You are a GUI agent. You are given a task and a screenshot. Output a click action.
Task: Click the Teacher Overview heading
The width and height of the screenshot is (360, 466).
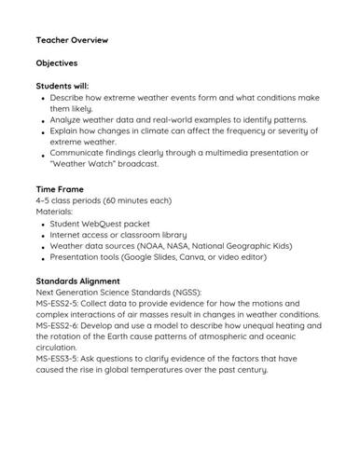tap(73, 41)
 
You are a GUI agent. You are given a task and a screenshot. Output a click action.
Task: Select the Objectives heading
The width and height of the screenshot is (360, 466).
tap(57, 62)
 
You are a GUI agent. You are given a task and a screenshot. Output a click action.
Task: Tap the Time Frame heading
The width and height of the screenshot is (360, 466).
tap(61, 189)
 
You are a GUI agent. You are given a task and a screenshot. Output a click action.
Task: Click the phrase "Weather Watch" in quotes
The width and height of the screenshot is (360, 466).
tap(84, 164)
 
